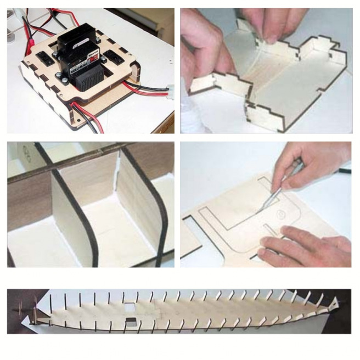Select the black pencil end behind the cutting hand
click(x=344, y=171)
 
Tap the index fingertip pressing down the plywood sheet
click(x=263, y=254)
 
